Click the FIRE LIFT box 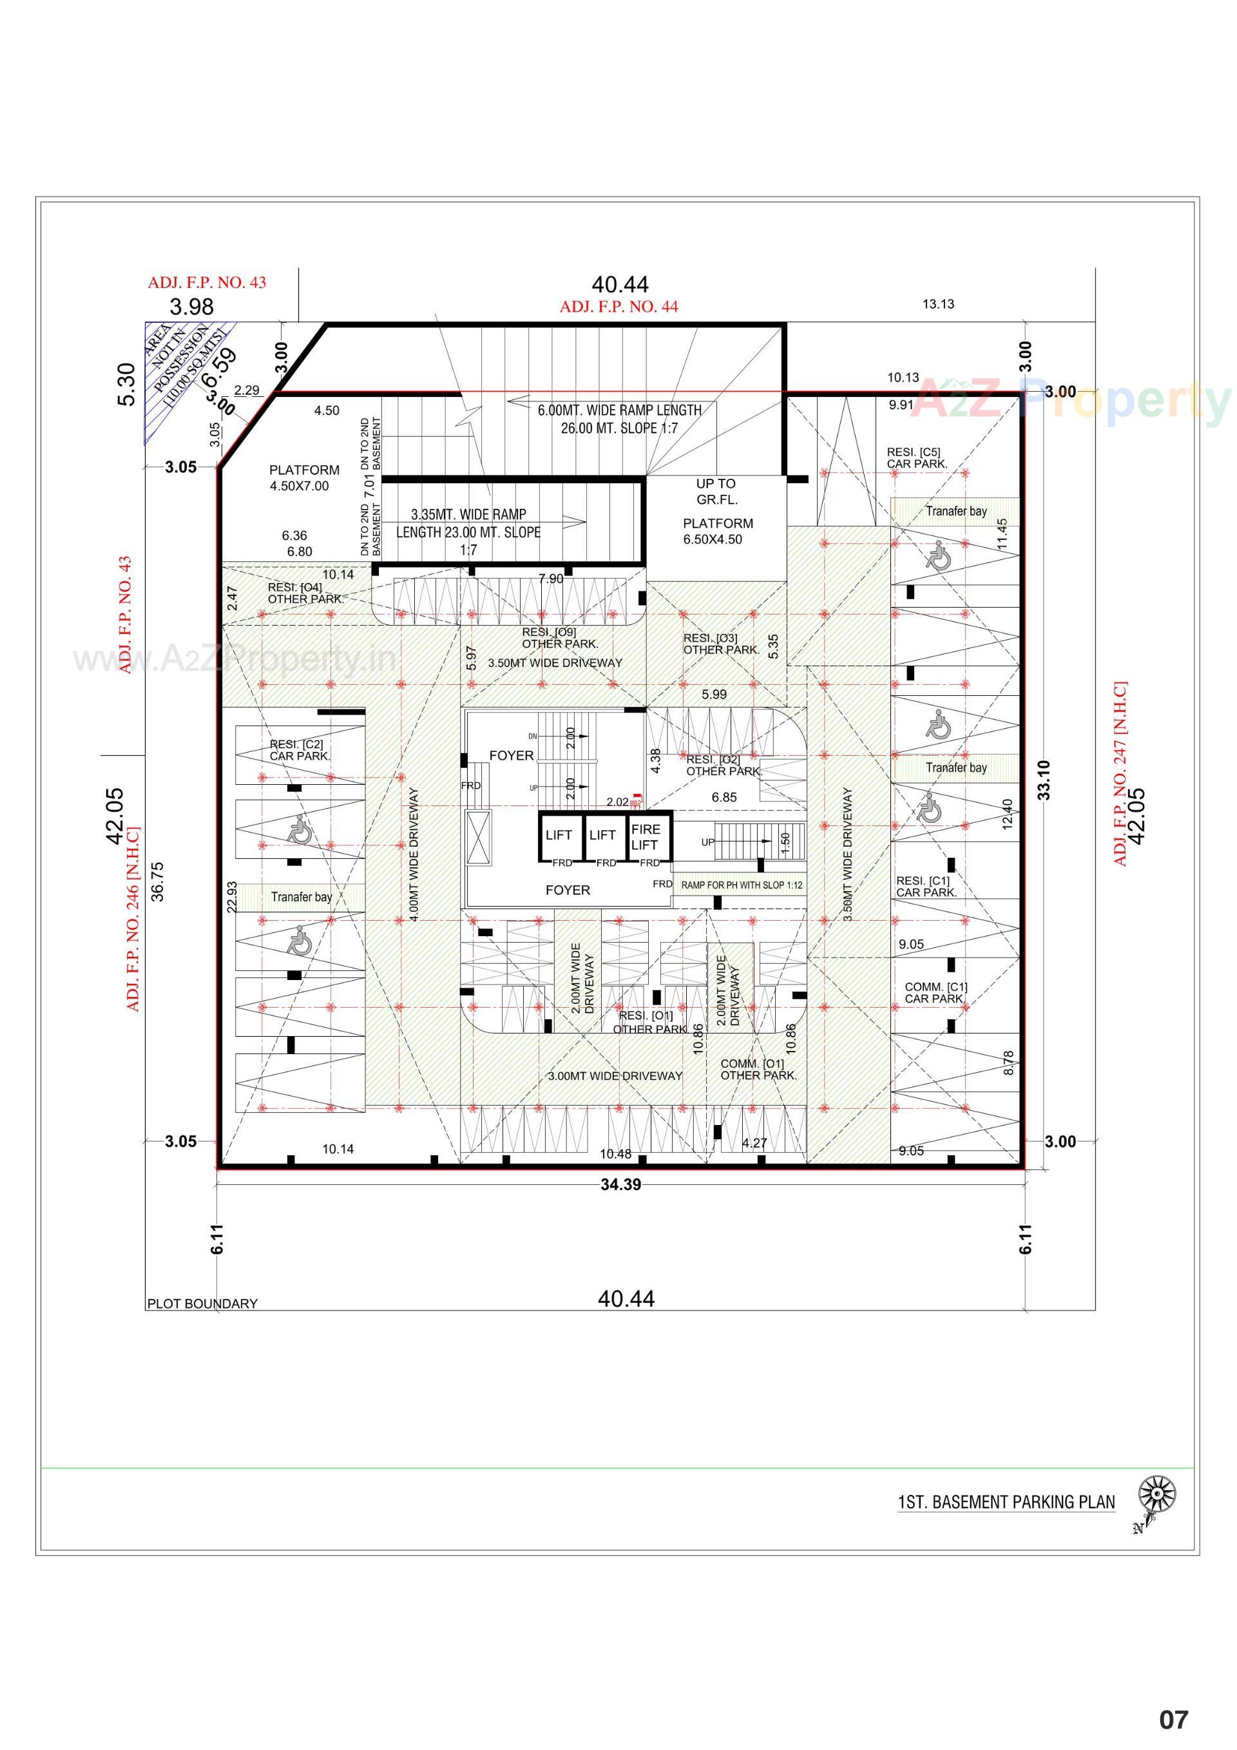(x=646, y=837)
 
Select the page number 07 (x=1173, y=1720)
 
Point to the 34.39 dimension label (x=620, y=1184)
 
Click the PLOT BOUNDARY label (x=202, y=1303)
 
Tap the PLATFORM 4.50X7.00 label (x=303, y=478)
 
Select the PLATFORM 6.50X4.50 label (x=717, y=531)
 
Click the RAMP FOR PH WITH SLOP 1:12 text (x=741, y=885)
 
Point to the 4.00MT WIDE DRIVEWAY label (x=414, y=854)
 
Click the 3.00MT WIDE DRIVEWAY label (x=615, y=1075)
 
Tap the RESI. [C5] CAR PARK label (x=917, y=457)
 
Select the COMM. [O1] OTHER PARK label (x=758, y=1070)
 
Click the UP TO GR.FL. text (x=716, y=492)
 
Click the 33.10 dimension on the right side (x=1044, y=780)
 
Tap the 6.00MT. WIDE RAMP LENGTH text (x=619, y=410)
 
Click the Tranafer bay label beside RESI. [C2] (x=301, y=897)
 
